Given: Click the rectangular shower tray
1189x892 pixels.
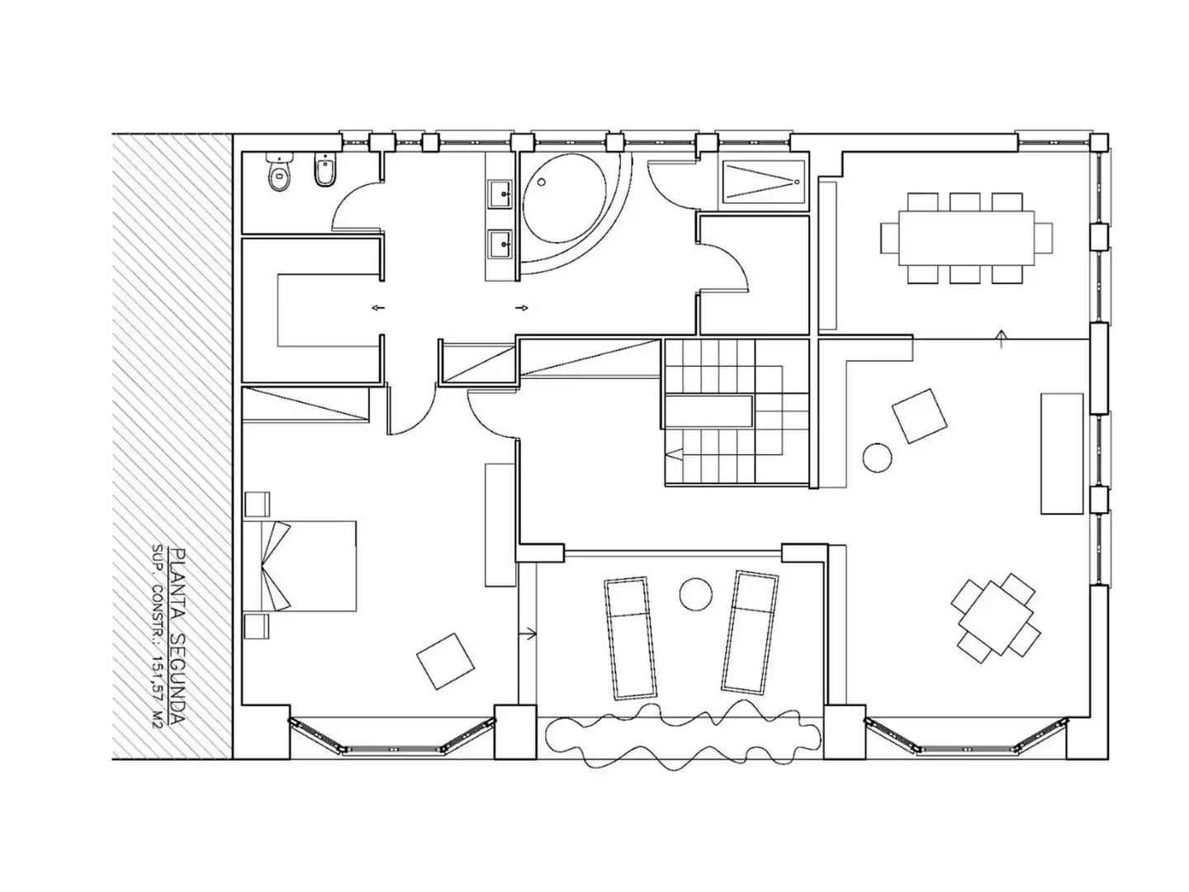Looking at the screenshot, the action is pos(764,183).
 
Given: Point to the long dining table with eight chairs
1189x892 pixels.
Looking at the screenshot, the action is pos(966,238).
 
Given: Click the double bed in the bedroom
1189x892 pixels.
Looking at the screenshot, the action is pos(300,566).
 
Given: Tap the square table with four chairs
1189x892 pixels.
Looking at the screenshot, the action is pos(996,619).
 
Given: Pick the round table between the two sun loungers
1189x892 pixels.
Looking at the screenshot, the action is pos(695,594).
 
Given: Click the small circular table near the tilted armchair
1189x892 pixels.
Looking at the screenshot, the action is pos(876,458).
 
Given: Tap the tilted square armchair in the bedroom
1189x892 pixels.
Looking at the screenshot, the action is pos(445,662).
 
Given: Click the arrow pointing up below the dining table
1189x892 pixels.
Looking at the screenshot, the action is pos(1001,339).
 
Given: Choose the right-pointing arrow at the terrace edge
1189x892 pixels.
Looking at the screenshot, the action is pos(528,633).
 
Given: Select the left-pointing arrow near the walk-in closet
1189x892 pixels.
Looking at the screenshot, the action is pos(378,308).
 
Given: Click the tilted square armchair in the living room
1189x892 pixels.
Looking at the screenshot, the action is pos(919,416).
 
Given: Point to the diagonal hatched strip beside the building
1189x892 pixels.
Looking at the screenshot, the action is pos(173,446).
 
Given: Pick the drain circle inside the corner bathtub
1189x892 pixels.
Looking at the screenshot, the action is pos(541,183).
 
